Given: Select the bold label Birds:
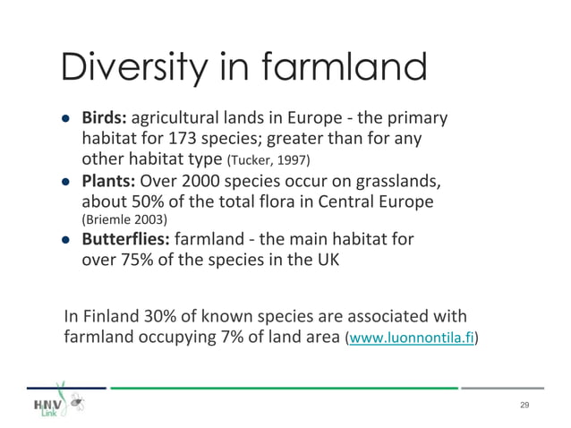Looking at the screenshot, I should [106, 118].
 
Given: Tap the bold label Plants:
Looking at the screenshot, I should [109, 181].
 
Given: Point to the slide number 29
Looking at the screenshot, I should [524, 406].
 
